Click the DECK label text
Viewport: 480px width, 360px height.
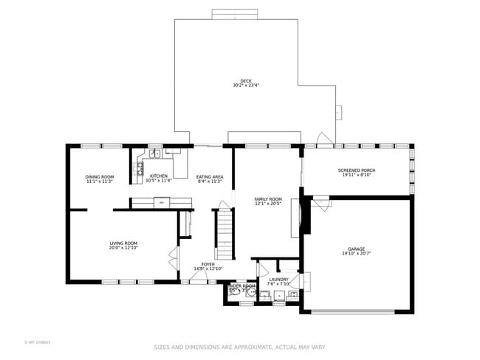tap(245, 81)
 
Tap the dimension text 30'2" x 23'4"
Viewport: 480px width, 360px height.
tap(245, 86)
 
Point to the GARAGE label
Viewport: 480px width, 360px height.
tap(357, 249)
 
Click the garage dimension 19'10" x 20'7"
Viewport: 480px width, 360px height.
tap(357, 254)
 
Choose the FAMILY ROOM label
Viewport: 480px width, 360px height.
tap(268, 199)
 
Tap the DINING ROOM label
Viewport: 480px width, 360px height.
tap(100, 177)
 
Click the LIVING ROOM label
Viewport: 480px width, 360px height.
tap(124, 243)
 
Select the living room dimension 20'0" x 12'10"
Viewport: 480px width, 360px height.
tap(124, 248)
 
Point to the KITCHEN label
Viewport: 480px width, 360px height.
tap(159, 176)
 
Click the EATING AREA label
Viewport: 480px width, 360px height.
tap(210, 177)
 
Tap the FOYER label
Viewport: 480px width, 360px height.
tap(208, 263)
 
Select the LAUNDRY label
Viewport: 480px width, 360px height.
tap(278, 280)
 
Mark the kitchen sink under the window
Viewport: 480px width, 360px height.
tap(155, 153)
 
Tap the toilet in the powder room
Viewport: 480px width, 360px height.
tap(236, 292)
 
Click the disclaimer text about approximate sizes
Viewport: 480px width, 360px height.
tap(239, 347)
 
